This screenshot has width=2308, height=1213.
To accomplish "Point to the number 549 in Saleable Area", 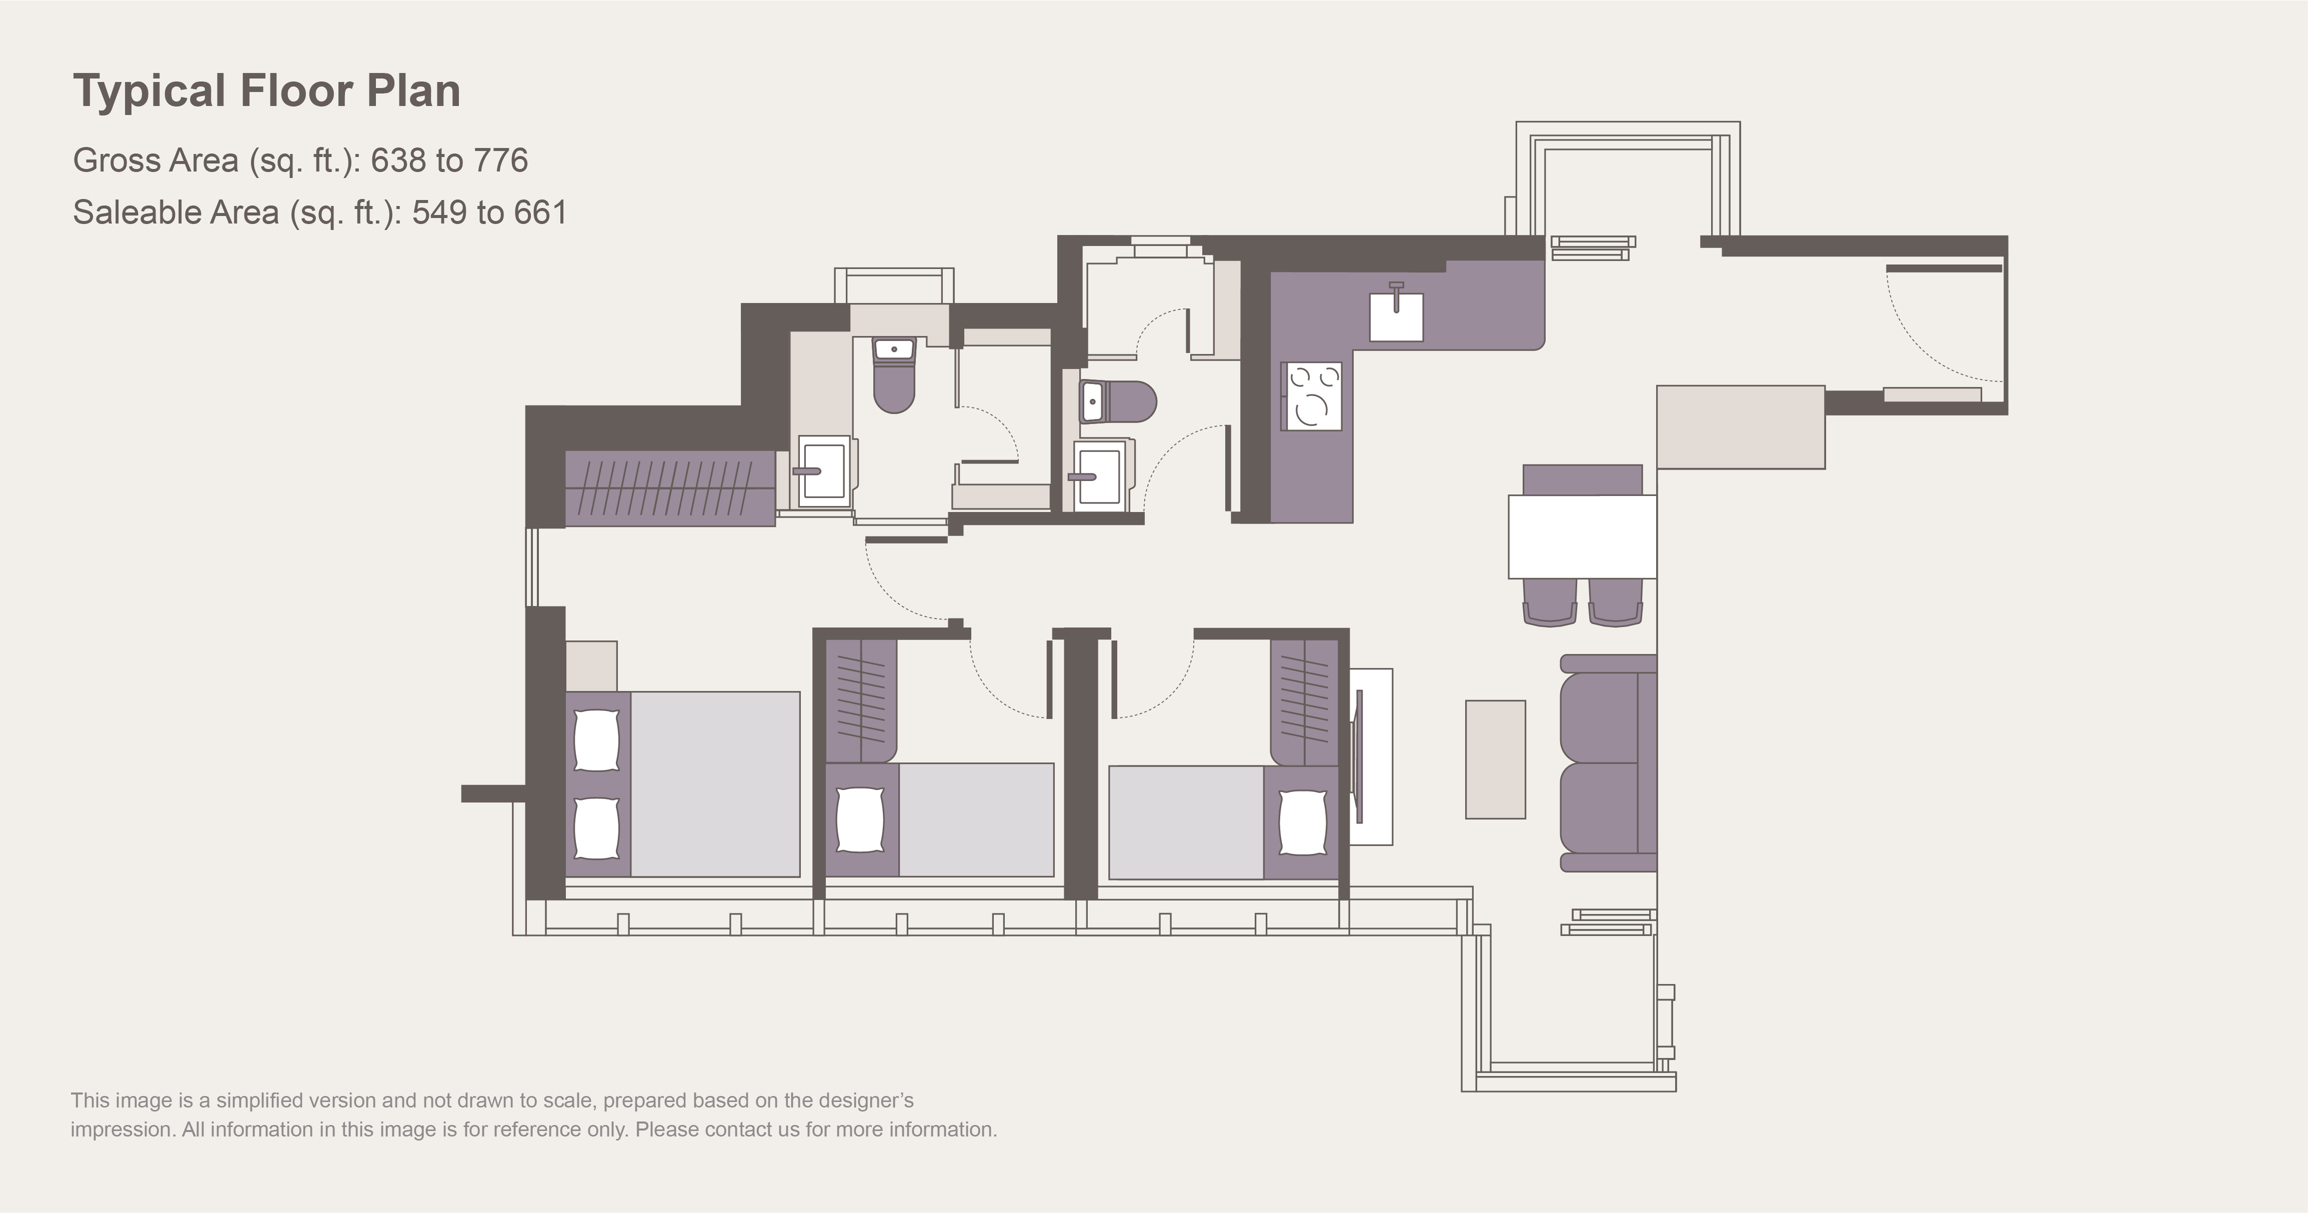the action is click(440, 212).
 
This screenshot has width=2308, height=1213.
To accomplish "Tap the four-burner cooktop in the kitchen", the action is click(1313, 396).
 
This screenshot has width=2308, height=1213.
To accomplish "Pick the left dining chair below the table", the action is click(1549, 602).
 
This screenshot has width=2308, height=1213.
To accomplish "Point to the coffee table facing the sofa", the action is click(1495, 759).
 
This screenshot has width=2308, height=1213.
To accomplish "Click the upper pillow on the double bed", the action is click(596, 740).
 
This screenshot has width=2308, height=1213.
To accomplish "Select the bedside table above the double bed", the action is click(591, 665).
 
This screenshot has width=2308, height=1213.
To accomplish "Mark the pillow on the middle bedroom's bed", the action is click(860, 819).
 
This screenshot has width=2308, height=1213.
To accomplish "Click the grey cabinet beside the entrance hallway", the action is click(1741, 427).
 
